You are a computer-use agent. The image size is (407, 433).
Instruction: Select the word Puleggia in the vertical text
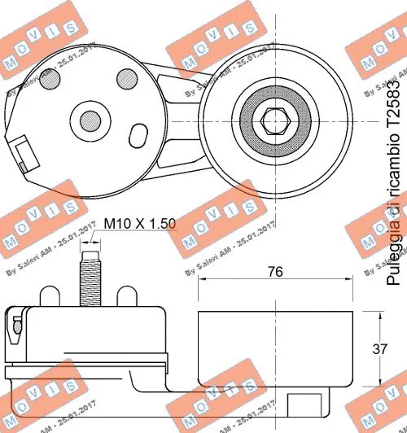pos(392,258)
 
